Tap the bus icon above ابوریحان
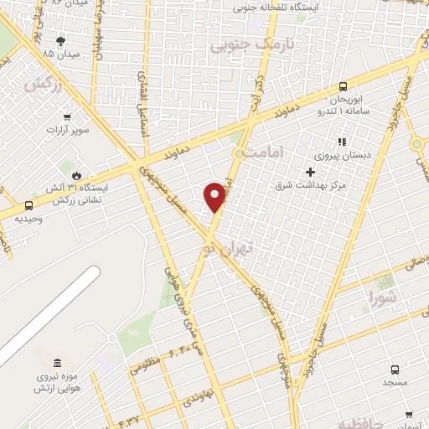point(343,87)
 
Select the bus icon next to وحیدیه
point(29,205)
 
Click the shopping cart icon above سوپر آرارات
point(66,117)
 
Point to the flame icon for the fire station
point(78,175)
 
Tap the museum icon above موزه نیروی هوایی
point(56,363)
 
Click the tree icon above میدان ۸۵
point(60,40)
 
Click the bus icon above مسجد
point(395,369)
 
